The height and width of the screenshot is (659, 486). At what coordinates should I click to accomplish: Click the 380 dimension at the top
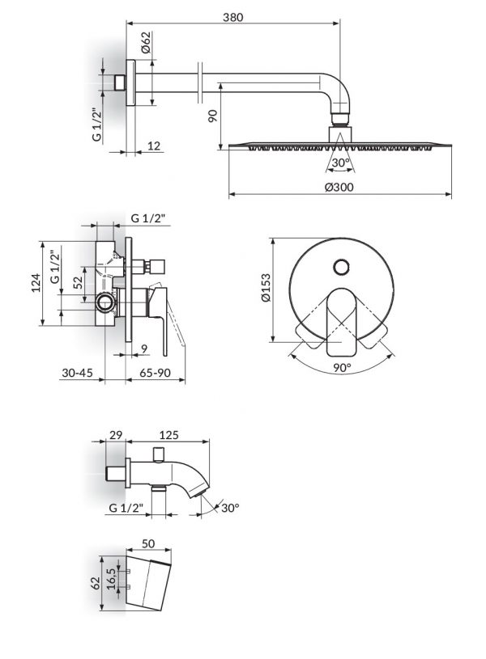click(x=232, y=17)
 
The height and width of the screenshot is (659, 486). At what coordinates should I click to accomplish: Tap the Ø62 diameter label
click(x=145, y=42)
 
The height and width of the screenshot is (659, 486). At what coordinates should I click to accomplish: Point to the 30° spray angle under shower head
click(x=340, y=163)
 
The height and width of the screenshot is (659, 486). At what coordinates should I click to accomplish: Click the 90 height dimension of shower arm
click(x=212, y=116)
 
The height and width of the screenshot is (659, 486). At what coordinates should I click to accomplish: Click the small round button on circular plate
click(x=342, y=265)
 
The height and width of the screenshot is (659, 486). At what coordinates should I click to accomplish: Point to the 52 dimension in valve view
click(x=78, y=282)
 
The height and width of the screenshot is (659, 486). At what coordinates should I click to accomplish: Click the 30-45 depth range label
click(x=77, y=374)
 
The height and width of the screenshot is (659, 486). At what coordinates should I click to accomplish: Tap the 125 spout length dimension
click(x=169, y=435)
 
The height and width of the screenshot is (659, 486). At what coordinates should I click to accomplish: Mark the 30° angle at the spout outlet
click(x=231, y=508)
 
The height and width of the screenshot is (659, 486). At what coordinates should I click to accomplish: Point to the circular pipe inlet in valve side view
click(x=104, y=303)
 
